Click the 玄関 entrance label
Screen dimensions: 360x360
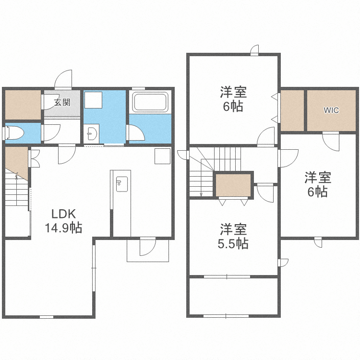pos(62,102)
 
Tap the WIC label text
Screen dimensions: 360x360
pos(331,110)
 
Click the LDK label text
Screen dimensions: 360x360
pos(63,214)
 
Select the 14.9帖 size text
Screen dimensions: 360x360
pos(63,228)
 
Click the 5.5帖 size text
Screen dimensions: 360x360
pos(233,244)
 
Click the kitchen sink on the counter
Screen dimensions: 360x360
pos(121,184)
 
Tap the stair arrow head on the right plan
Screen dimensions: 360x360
pos(201,194)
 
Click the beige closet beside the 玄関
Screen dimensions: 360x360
pos(23,104)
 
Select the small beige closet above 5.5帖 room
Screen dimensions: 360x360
pos(233,185)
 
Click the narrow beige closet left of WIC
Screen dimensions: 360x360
pos(292,110)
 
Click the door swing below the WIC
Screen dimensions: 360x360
pos(331,141)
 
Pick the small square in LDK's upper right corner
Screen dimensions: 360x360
pos(162,156)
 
